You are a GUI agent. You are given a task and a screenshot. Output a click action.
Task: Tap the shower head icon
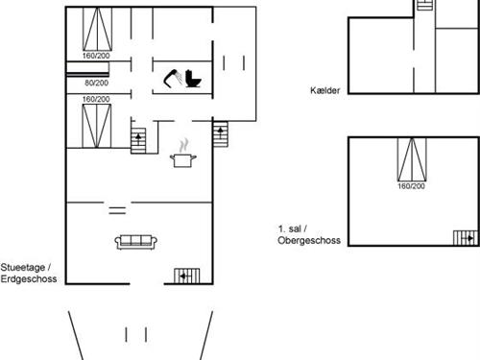point(174,77)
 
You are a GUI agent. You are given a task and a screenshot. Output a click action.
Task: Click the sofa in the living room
point(136,242)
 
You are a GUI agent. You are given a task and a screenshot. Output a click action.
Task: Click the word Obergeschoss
point(310,240)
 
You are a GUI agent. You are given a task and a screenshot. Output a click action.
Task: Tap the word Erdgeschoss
point(30,279)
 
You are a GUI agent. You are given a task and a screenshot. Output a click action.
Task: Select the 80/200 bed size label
point(96,84)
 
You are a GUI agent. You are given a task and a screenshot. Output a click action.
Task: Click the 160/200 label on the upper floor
point(411,186)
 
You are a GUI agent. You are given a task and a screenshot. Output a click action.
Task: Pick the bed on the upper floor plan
point(411,159)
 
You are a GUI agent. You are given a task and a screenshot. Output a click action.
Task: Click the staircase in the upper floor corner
point(466,238)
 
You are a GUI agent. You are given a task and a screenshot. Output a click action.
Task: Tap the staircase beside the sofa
point(185,276)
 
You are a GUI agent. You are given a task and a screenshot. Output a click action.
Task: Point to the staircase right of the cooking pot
point(221,133)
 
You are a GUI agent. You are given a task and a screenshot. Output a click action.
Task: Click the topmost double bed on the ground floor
point(96,30)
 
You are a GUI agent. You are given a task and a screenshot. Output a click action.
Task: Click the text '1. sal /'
point(290,229)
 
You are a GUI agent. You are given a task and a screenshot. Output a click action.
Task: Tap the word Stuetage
point(27,268)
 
